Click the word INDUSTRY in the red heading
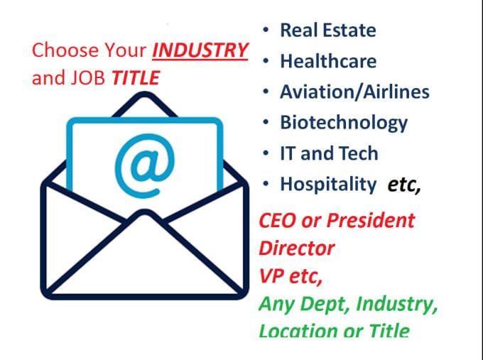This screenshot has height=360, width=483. point(200,51)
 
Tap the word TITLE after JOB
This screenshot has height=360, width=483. point(136,77)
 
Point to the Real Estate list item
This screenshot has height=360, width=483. point(328,30)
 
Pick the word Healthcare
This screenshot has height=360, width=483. point(328,61)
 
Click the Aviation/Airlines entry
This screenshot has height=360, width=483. point(354,92)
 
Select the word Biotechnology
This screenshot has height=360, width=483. point(344,123)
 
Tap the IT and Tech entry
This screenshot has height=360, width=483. point(329,153)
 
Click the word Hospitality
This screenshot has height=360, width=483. point(328,185)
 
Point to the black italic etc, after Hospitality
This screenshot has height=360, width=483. point(404,185)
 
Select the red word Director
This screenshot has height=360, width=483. point(296,248)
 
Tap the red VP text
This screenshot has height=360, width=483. point(272,276)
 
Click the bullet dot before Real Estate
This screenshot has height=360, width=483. point(265,30)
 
